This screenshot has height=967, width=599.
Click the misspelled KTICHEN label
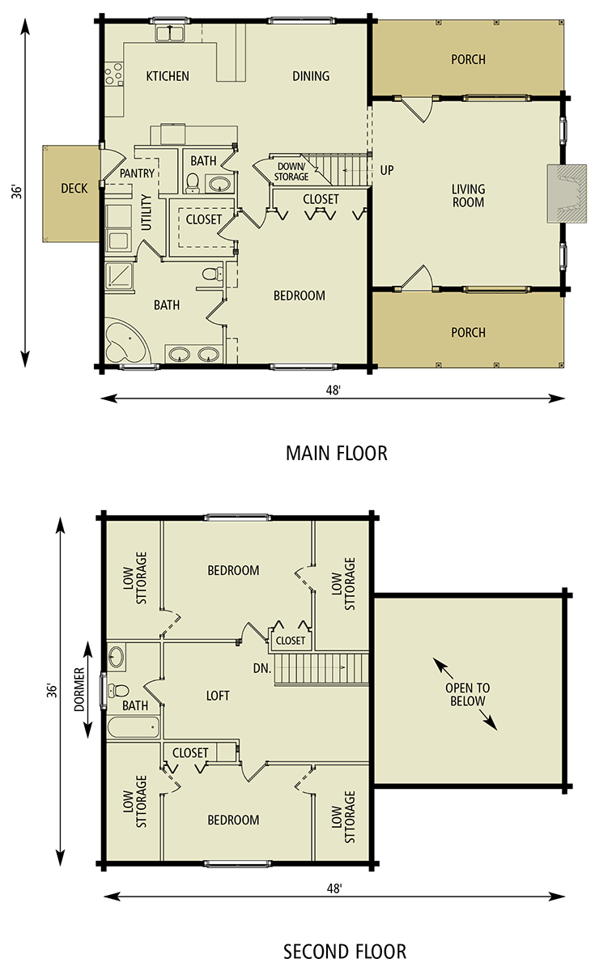pos(168,76)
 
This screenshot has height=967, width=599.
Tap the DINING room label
pos(311,76)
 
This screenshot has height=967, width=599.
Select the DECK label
pos(74,189)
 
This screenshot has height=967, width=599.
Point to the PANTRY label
pos(137,173)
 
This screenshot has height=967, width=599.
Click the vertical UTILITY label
pos(147,212)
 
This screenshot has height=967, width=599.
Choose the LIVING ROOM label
pos(468,196)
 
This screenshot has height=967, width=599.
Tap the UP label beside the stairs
pos(387,171)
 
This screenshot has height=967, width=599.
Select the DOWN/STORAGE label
pos(291,172)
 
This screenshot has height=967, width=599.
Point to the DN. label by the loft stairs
pos(261,669)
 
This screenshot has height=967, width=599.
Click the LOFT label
pos(218,696)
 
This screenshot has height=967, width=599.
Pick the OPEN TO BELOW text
pos(467,695)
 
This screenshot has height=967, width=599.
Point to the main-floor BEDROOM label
pos(299,296)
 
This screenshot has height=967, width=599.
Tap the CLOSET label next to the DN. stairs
pos(291,641)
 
